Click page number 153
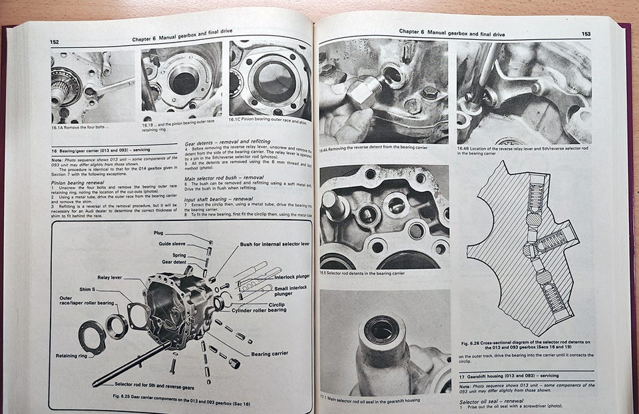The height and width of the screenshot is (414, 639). [x=586, y=33]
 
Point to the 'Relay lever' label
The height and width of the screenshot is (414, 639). [x=111, y=278]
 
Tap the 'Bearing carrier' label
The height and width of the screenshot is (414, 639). [x=270, y=354]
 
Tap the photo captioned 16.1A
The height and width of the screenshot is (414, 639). [x=93, y=86]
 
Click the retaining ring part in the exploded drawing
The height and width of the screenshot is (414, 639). [x=91, y=336]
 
